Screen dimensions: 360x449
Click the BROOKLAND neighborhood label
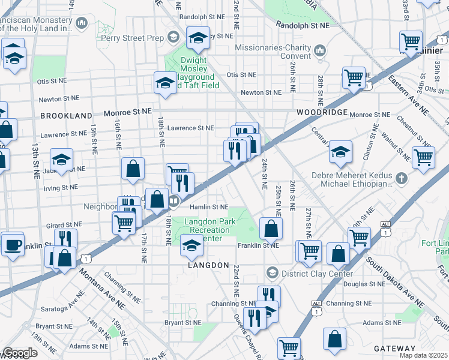(x=67, y=115)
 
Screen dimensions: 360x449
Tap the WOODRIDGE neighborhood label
(x=322, y=112)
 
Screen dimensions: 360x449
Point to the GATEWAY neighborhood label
(x=394, y=349)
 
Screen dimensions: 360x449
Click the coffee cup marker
(x=13, y=245)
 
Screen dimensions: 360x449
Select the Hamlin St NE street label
(x=209, y=207)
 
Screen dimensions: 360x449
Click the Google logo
(x=19, y=353)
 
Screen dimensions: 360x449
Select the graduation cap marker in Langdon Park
(x=191, y=245)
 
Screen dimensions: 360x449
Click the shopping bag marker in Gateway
(x=334, y=339)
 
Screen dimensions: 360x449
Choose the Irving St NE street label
(x=61, y=187)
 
